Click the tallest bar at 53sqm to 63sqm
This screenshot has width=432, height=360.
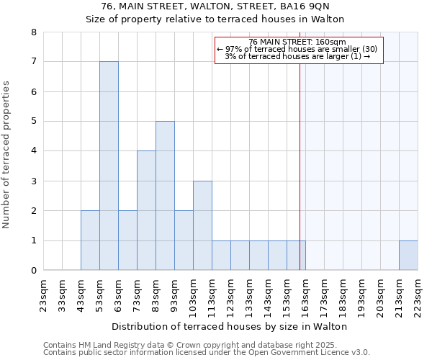pos(109,166)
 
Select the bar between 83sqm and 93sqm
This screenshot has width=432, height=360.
pos(165,196)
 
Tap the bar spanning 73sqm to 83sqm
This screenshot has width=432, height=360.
pos(146,210)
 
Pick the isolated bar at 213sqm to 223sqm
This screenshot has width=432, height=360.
pos(408,256)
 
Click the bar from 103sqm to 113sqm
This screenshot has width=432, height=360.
pos(202,225)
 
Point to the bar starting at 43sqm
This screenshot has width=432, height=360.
pos(90,240)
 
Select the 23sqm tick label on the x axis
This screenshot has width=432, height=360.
pos(43,293)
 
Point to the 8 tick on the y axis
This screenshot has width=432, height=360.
pos(33,32)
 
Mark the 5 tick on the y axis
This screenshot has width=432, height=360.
pos(33,122)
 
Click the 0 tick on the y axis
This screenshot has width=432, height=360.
pos(33,271)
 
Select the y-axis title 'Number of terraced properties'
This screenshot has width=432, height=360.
pos(8,155)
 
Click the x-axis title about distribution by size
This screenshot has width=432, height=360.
pos(230,326)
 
